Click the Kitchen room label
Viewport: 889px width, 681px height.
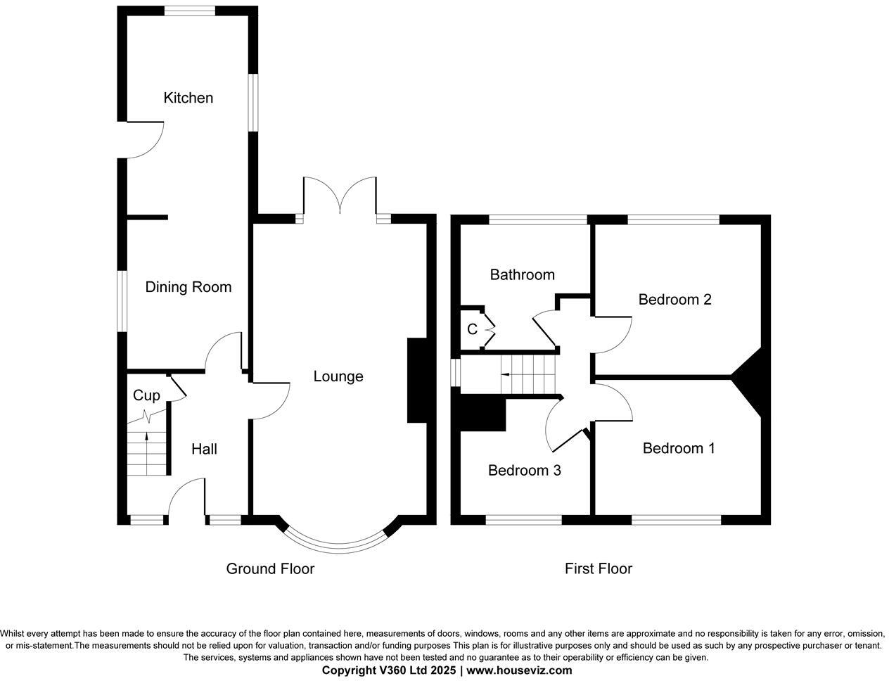pos(188,98)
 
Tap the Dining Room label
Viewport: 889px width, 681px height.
pos(188,287)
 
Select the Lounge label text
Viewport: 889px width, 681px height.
pos(338,376)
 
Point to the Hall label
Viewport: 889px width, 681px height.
pos(204,449)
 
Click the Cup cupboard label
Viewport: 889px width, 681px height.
pos(146,395)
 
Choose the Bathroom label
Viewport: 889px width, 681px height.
pos(522,274)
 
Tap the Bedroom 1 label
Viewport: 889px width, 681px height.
pos(679,448)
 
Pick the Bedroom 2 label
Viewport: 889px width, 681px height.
pos(674,299)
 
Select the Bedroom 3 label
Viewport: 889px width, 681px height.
pos(524,471)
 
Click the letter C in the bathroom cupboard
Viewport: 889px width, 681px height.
pos(472,329)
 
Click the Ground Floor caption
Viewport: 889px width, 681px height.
pos(270,568)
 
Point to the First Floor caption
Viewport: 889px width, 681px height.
pos(598,568)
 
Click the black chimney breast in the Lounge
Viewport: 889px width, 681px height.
pos(417,381)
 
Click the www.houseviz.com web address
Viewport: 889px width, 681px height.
pos(519,670)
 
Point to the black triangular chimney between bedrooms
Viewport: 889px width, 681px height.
pos(749,380)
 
